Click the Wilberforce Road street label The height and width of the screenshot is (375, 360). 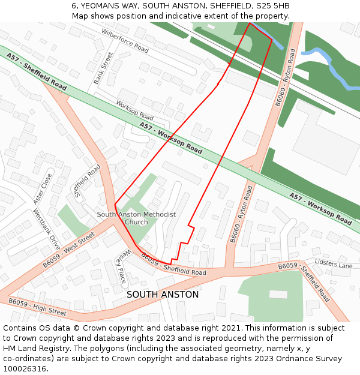pyautogui.click(x=125, y=41)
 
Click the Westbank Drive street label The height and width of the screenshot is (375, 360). pyautogui.click(x=46, y=229)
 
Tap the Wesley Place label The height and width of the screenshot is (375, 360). pyautogui.click(x=122, y=267)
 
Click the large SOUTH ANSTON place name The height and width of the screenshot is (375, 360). pyautogui.click(x=163, y=295)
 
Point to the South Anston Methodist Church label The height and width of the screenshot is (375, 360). pyautogui.click(x=136, y=218)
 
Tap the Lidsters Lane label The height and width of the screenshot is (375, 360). pyautogui.click(x=334, y=265)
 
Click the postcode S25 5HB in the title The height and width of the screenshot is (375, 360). pyautogui.click(x=273, y=5)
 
